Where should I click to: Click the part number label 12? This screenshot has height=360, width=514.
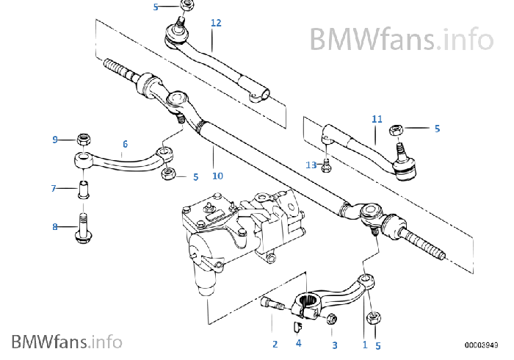tap(216, 23)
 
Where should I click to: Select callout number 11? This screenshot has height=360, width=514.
tap(377, 118)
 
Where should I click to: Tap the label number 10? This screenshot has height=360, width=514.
tap(217, 176)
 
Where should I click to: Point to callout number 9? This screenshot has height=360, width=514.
tap(55, 140)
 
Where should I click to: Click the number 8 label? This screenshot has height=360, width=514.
tap(55, 228)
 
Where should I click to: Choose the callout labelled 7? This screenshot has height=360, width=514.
tap(54, 189)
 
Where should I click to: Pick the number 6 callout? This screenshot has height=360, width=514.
tap(125, 144)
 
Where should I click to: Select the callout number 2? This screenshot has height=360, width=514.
tap(275, 344)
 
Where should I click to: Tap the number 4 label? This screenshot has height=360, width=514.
tap(298, 343)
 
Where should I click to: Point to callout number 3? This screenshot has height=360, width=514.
tap(334, 344)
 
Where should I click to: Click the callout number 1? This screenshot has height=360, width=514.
tap(364, 344)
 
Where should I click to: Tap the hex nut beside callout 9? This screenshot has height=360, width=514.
tap(82, 138)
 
